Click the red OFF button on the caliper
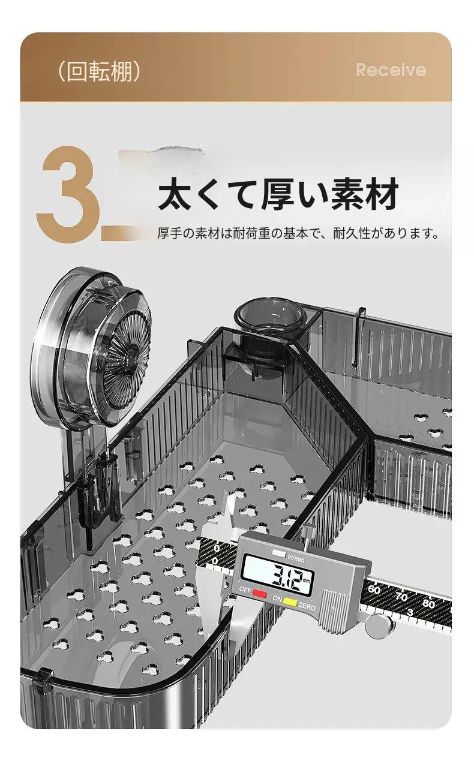click(x=260, y=594)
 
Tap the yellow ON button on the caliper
click(x=290, y=602)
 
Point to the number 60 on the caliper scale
click(x=374, y=589)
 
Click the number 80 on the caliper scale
click(x=429, y=604)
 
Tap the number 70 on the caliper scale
click(x=401, y=597)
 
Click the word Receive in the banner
click(x=391, y=70)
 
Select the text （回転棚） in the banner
click(x=99, y=72)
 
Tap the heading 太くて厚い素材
click(x=278, y=194)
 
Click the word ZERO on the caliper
click(x=307, y=606)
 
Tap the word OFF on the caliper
click(x=245, y=589)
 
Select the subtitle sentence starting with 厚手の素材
click(x=298, y=233)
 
